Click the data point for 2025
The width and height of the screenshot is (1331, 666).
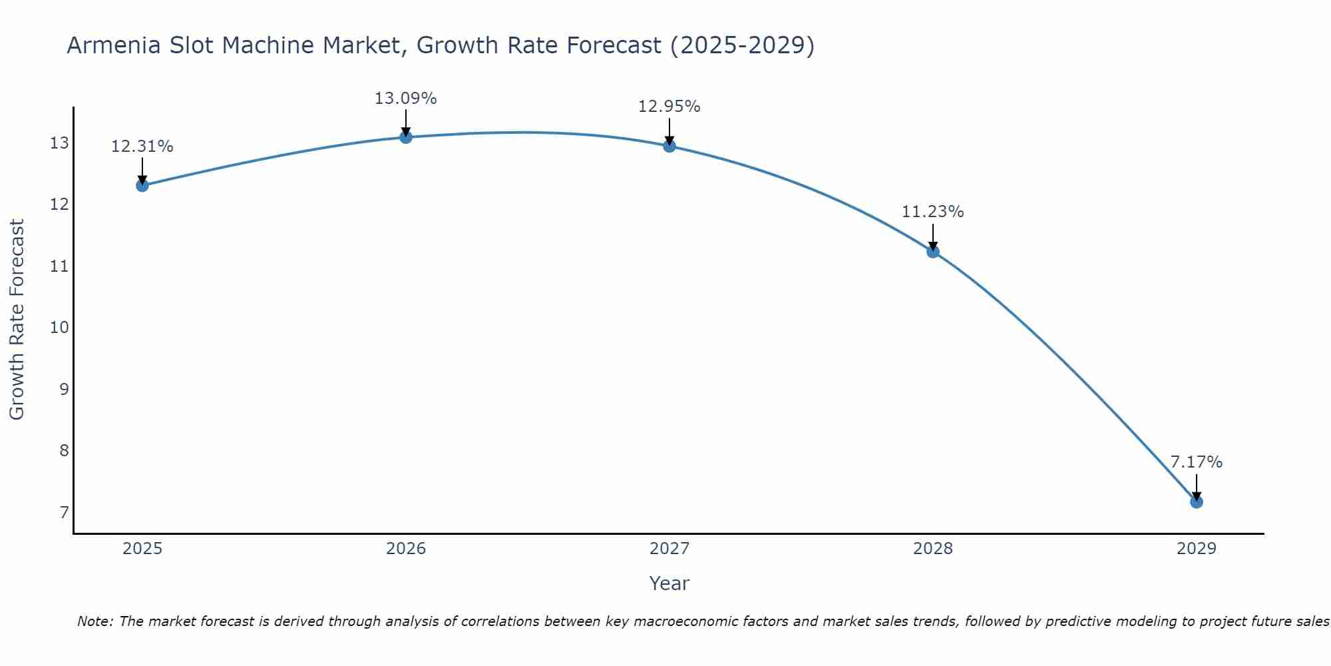142,185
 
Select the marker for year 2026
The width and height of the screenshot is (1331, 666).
406,137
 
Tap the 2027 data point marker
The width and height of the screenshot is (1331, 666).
669,146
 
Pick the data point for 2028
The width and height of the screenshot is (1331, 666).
933,251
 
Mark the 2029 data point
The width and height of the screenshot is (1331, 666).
1196,501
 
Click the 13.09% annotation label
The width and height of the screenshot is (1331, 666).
405,99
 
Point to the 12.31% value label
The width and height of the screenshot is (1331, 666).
142,147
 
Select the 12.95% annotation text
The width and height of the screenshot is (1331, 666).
669,107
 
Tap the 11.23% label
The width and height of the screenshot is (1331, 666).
932,212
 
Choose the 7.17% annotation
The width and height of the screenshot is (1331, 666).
1196,462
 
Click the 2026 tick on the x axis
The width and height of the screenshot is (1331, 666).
406,549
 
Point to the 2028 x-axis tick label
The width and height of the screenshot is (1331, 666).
933,549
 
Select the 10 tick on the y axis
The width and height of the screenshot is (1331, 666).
60,328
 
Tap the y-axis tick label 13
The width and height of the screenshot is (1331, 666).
60,143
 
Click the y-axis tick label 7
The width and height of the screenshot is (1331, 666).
64,512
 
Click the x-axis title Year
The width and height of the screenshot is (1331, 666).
669,583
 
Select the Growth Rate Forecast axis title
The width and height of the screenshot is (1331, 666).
17,320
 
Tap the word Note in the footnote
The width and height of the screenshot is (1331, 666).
95,621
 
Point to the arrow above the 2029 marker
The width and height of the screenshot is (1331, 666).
1196,487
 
